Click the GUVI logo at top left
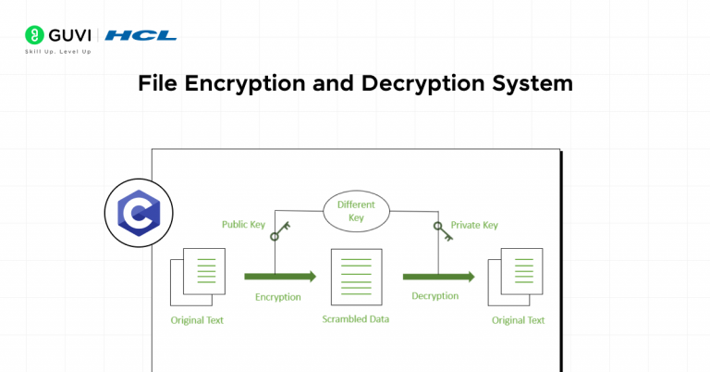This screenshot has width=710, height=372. click(x=57, y=35)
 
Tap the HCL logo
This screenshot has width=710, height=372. click(x=141, y=35)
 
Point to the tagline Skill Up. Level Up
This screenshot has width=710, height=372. click(x=57, y=51)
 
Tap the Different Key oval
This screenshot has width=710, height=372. click(x=355, y=211)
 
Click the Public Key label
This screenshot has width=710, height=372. click(x=244, y=225)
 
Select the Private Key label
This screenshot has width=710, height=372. click(x=473, y=225)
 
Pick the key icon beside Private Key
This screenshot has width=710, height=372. click(x=441, y=230)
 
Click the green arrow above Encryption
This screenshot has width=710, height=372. click(x=280, y=276)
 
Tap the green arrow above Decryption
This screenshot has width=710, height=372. click(x=438, y=276)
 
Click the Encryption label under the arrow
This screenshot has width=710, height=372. click(x=277, y=297)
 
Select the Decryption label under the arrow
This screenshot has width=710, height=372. click(x=435, y=296)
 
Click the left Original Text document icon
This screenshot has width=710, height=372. click(x=197, y=277)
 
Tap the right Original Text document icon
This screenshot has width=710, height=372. click(x=518, y=277)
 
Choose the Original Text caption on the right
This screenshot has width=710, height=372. click(x=518, y=320)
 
